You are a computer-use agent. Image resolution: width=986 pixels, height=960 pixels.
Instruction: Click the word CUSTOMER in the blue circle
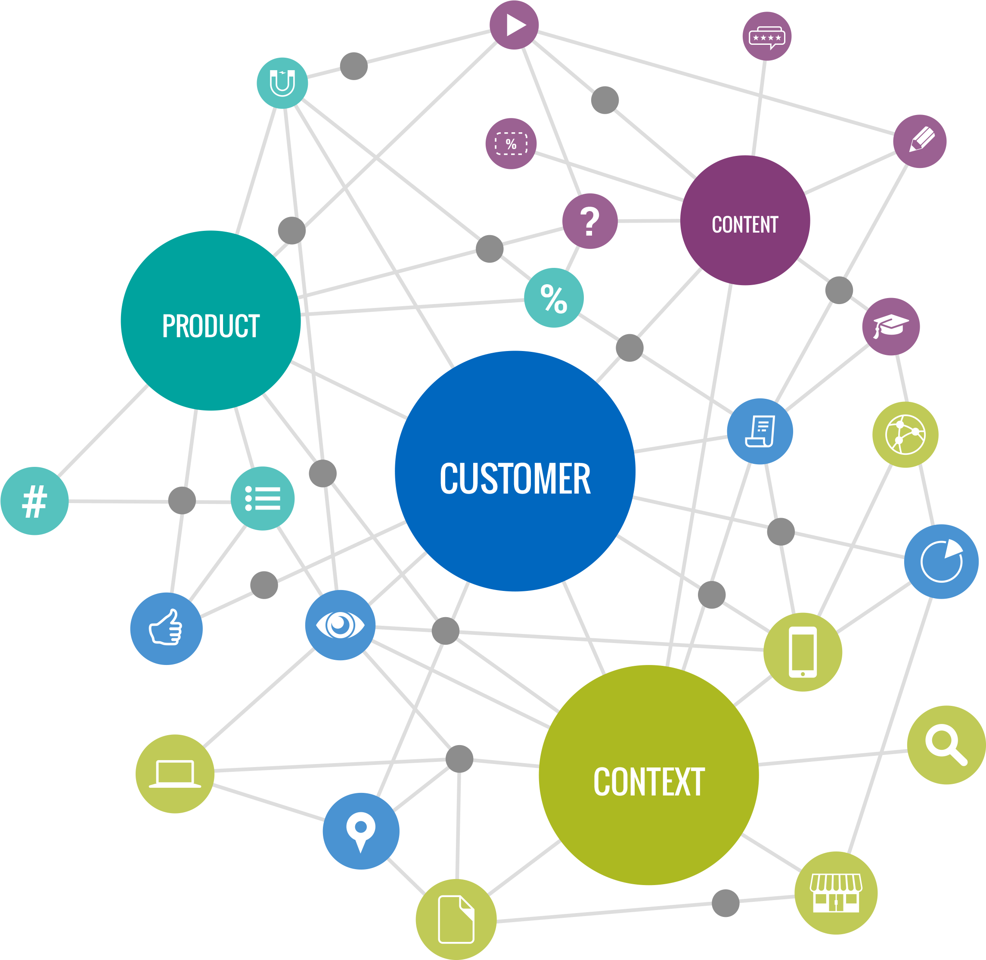click(515, 478)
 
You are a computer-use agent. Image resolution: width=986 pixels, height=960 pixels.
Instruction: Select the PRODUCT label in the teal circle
click(211, 326)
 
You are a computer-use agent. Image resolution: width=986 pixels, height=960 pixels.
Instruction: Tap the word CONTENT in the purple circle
click(744, 224)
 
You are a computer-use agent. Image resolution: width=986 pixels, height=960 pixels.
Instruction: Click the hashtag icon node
click(34, 501)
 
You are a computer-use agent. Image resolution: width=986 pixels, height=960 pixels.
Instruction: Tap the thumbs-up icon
click(166, 628)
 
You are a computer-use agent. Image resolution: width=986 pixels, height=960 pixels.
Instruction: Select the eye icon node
click(340, 625)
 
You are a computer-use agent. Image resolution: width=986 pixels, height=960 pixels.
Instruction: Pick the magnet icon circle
click(282, 83)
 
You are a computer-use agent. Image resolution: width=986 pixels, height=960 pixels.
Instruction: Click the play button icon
click(514, 25)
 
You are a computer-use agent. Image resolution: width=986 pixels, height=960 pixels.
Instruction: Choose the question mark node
click(590, 221)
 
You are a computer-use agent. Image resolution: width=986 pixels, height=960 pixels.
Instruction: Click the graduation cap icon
click(890, 326)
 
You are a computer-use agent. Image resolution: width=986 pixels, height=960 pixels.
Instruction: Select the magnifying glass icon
click(946, 745)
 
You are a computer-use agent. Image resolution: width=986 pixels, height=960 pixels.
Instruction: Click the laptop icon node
click(175, 774)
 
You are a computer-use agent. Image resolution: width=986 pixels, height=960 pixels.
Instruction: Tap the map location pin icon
click(361, 831)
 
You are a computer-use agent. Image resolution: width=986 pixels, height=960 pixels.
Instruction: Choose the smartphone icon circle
click(803, 652)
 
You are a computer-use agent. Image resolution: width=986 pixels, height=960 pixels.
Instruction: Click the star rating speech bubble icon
click(767, 37)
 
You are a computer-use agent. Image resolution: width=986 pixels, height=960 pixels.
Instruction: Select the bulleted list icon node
click(263, 498)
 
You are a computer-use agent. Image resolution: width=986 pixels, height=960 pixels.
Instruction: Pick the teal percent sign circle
click(553, 298)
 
